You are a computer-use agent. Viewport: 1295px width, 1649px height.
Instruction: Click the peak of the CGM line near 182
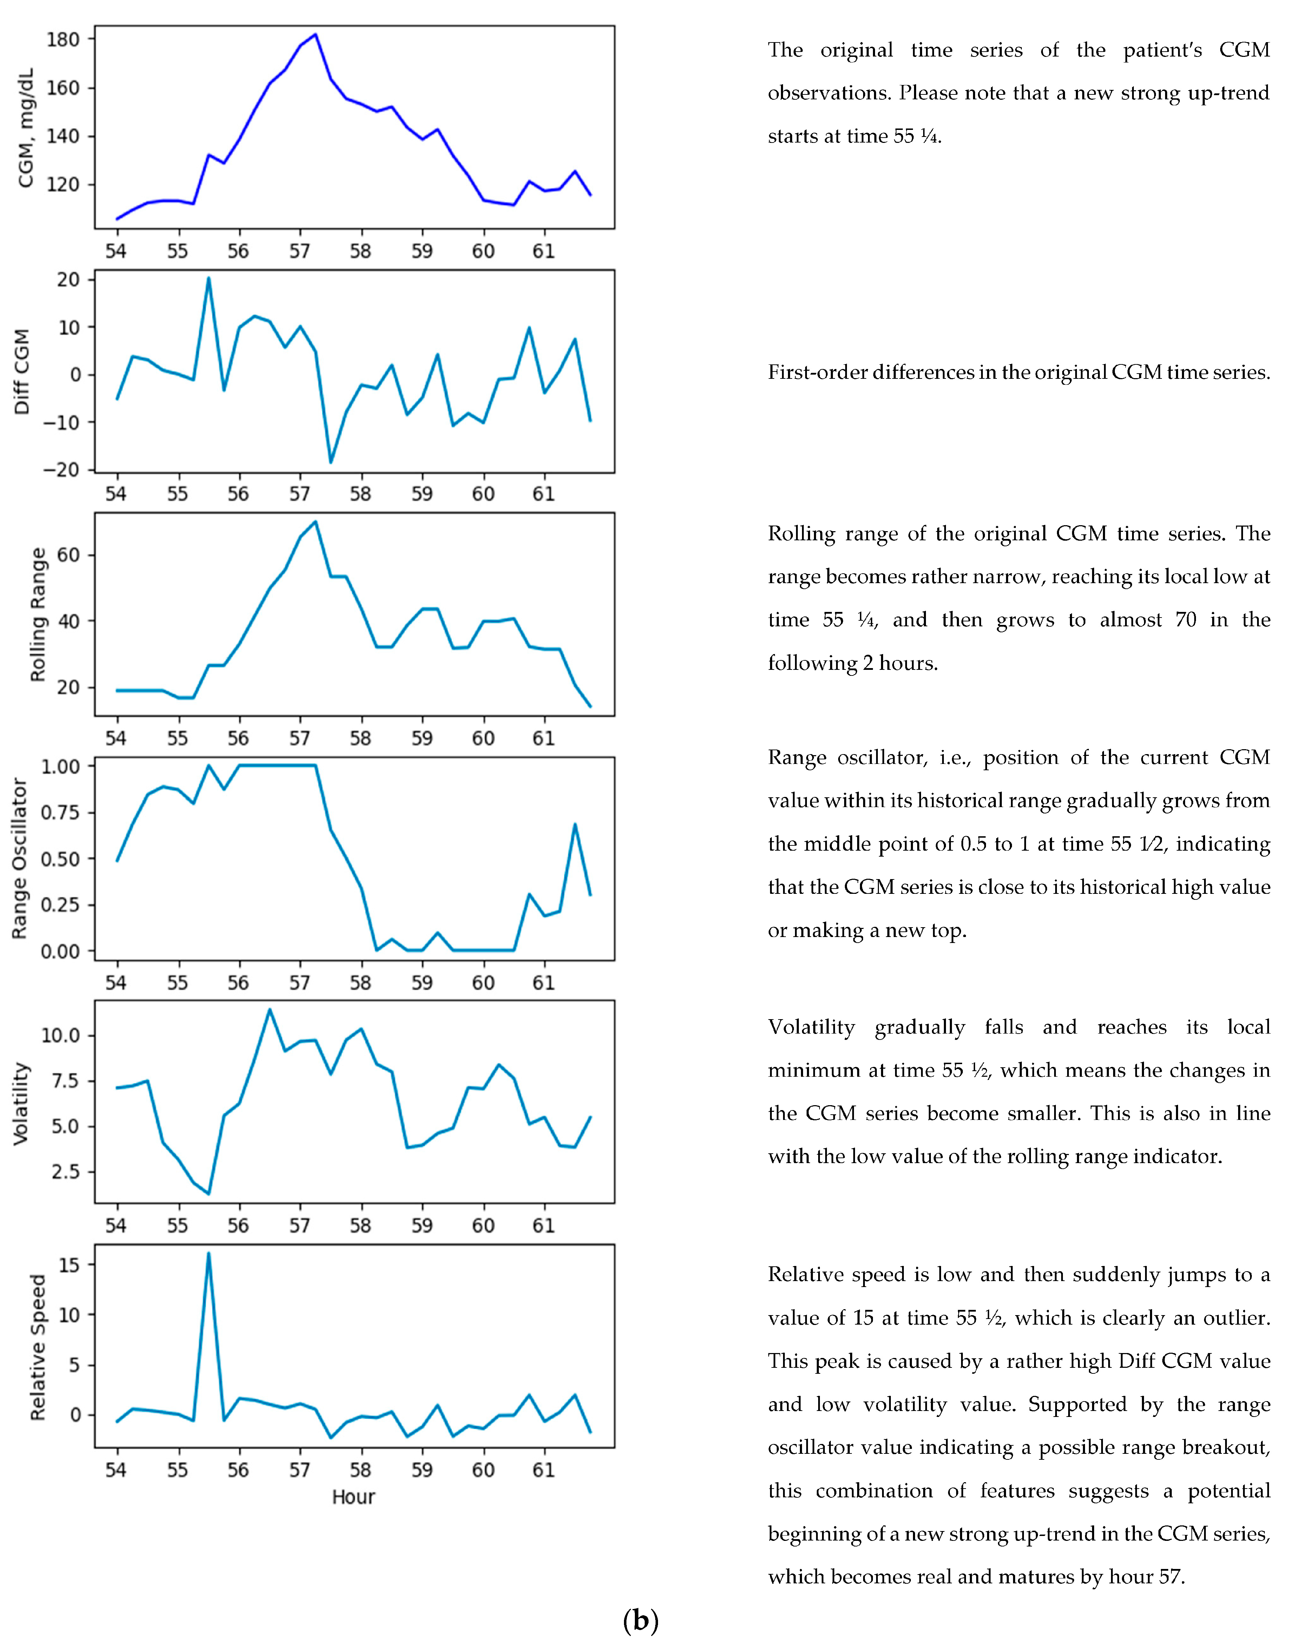point(315,34)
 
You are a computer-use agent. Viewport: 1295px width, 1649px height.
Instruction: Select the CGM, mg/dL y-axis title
point(26,127)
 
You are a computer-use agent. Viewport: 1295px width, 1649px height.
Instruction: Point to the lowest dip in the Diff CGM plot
point(330,462)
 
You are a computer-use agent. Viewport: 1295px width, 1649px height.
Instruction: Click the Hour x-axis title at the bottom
point(353,1497)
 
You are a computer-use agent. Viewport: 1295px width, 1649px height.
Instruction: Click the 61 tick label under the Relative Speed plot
point(544,1470)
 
